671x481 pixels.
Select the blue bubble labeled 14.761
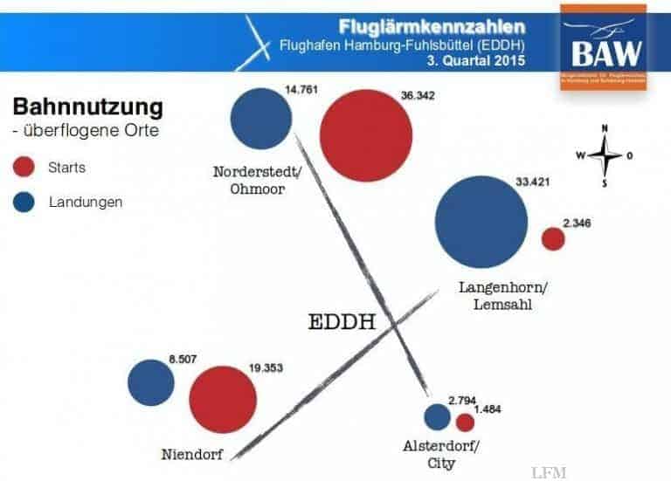(261, 119)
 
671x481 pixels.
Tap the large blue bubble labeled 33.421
(481, 223)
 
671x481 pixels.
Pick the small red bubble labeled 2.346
(553, 239)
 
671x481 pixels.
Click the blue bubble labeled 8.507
(151, 382)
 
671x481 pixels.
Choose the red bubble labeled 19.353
(223, 400)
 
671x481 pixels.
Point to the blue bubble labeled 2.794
(437, 418)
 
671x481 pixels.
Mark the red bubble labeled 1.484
(465, 423)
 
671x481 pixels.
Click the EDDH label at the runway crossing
(342, 322)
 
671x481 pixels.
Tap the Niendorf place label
(191, 454)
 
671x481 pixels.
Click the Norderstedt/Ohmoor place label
(258, 180)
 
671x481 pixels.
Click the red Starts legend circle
(25, 167)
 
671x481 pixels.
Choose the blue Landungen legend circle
(25, 203)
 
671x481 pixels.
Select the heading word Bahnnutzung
(87, 108)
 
